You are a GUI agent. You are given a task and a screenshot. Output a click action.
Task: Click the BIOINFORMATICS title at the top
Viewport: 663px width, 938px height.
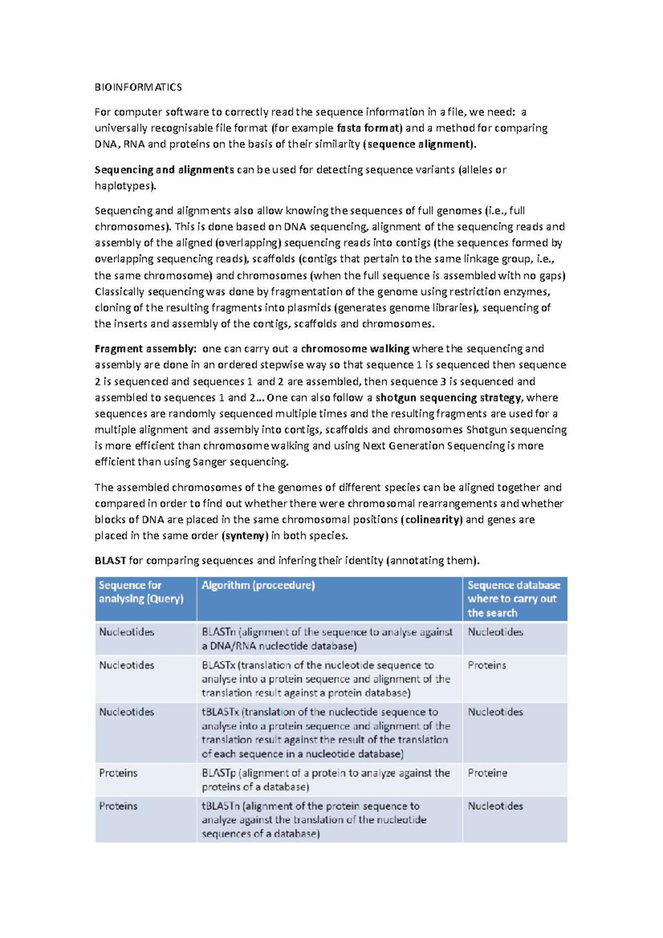click(x=138, y=87)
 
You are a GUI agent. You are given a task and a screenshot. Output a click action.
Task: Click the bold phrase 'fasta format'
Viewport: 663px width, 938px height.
click(x=369, y=128)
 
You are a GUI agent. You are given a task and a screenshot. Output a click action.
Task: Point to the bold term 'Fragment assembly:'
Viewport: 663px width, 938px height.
click(x=145, y=349)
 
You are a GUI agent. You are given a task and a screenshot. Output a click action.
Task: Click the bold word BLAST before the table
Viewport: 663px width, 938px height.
click(x=110, y=561)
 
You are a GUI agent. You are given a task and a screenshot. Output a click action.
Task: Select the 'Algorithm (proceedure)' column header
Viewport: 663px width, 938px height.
click(x=258, y=586)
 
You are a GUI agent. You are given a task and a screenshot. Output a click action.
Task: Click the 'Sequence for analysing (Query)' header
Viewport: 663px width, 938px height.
click(x=140, y=592)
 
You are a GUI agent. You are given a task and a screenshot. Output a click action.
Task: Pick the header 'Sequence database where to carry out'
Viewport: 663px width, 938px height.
click(x=513, y=599)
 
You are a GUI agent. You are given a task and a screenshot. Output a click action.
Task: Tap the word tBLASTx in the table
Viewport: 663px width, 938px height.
click(x=220, y=712)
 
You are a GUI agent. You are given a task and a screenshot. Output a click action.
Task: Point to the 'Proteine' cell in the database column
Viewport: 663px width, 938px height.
click(x=487, y=773)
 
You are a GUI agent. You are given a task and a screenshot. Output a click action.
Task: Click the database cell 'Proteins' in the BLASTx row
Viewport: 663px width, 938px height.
click(x=487, y=665)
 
